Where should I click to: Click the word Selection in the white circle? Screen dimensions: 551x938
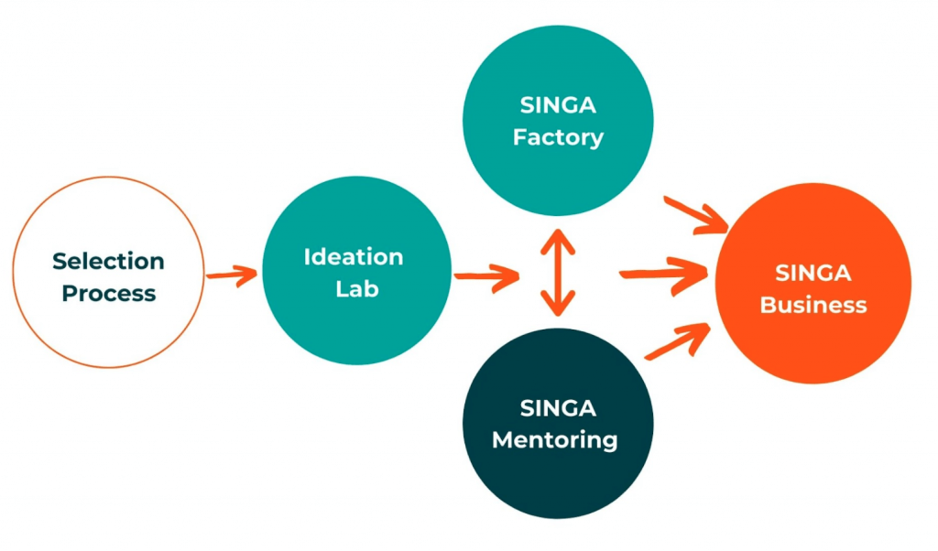click(x=108, y=261)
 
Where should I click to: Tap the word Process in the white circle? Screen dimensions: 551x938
click(x=108, y=294)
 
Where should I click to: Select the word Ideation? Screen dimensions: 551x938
click(x=354, y=257)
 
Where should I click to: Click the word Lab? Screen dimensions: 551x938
click(x=355, y=289)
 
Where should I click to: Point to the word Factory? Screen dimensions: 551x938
click(x=558, y=138)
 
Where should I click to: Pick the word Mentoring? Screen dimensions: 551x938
click(x=555, y=439)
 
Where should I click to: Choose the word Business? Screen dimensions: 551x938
click(x=813, y=305)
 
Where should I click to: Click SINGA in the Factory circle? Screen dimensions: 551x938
click(x=558, y=105)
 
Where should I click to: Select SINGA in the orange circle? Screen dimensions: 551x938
click(x=813, y=273)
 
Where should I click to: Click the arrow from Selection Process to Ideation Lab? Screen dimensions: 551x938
click(x=232, y=274)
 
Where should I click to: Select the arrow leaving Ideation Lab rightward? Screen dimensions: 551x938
click(x=486, y=275)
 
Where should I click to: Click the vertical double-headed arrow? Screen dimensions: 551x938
click(x=557, y=272)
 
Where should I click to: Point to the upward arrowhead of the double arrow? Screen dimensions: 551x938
click(x=557, y=239)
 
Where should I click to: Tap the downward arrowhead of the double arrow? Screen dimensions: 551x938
click(x=557, y=306)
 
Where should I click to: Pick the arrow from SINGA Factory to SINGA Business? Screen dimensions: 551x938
click(x=695, y=215)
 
